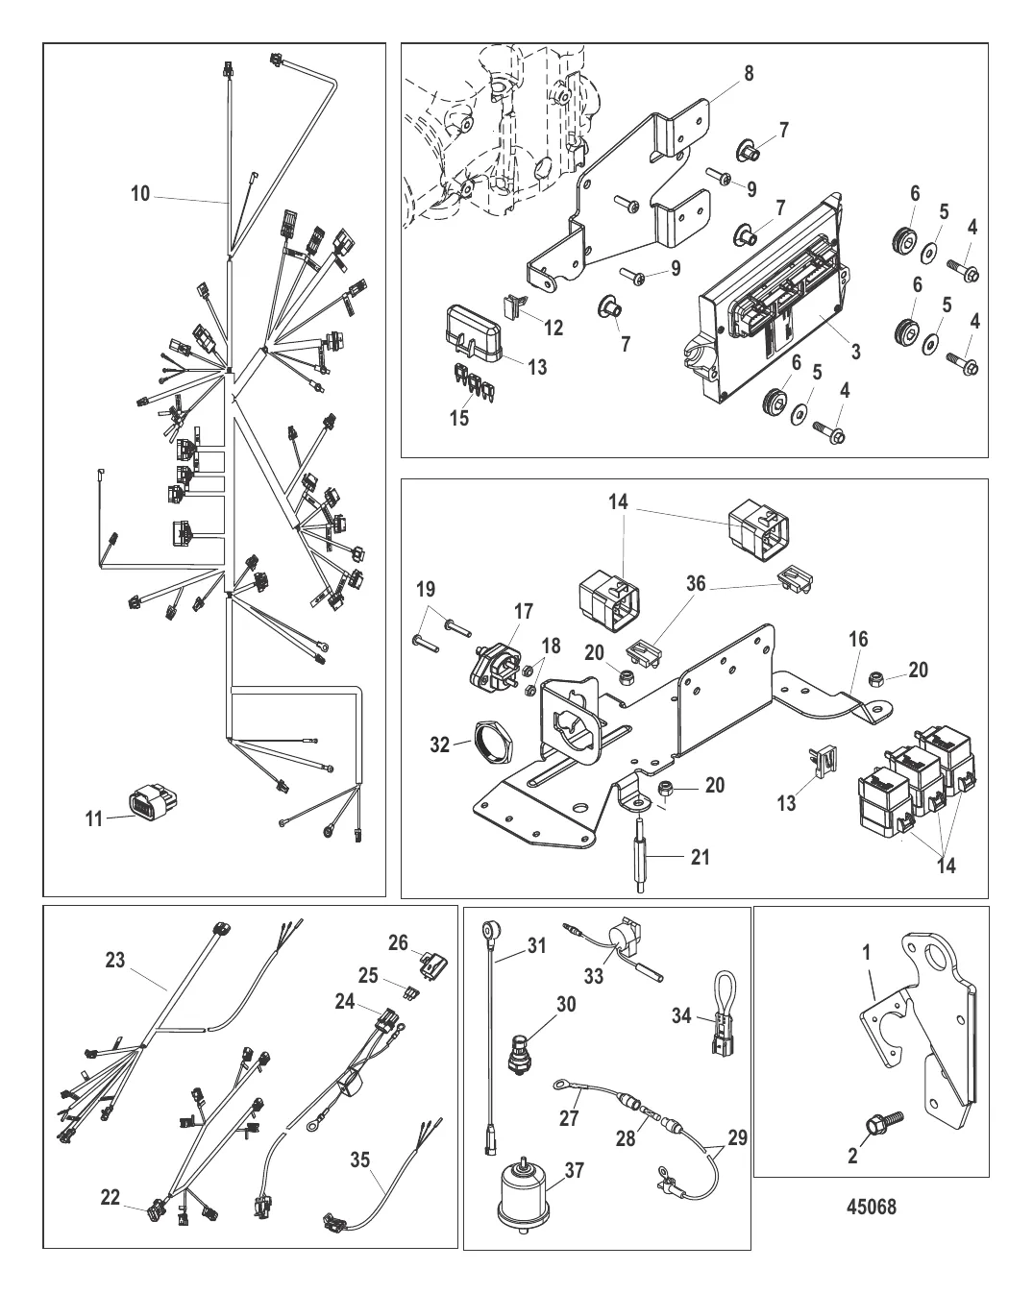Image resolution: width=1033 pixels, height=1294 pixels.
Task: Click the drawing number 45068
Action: (x=872, y=1206)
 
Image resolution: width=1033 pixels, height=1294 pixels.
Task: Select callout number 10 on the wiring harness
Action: (x=140, y=194)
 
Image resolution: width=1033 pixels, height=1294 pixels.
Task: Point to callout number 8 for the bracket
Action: (x=749, y=73)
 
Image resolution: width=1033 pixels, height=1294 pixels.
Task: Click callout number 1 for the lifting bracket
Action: (x=867, y=955)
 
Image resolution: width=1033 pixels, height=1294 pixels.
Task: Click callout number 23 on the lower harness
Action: (x=114, y=960)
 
